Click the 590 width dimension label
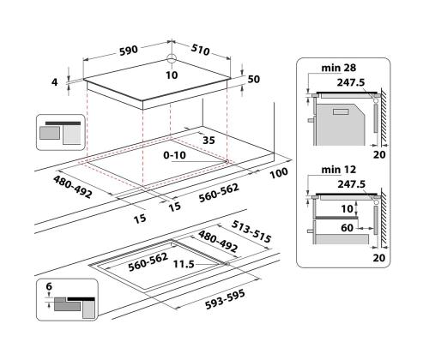[129, 51]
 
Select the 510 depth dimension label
[200, 50]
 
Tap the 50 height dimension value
[254, 79]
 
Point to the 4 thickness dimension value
[54, 82]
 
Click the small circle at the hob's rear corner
[172, 59]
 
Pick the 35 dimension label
[208, 141]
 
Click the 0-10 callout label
[174, 155]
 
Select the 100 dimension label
[279, 173]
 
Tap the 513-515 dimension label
[251, 231]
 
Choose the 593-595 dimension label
[225, 299]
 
